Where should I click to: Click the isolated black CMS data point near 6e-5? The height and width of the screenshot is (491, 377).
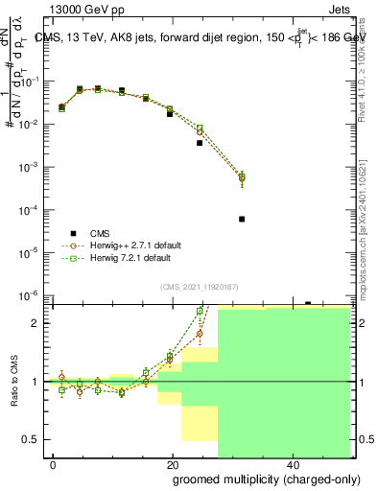tap(242, 219)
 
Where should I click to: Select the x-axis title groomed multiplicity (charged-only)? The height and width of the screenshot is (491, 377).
tap(254, 479)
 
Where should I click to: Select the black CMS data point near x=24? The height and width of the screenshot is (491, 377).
tap(200, 143)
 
